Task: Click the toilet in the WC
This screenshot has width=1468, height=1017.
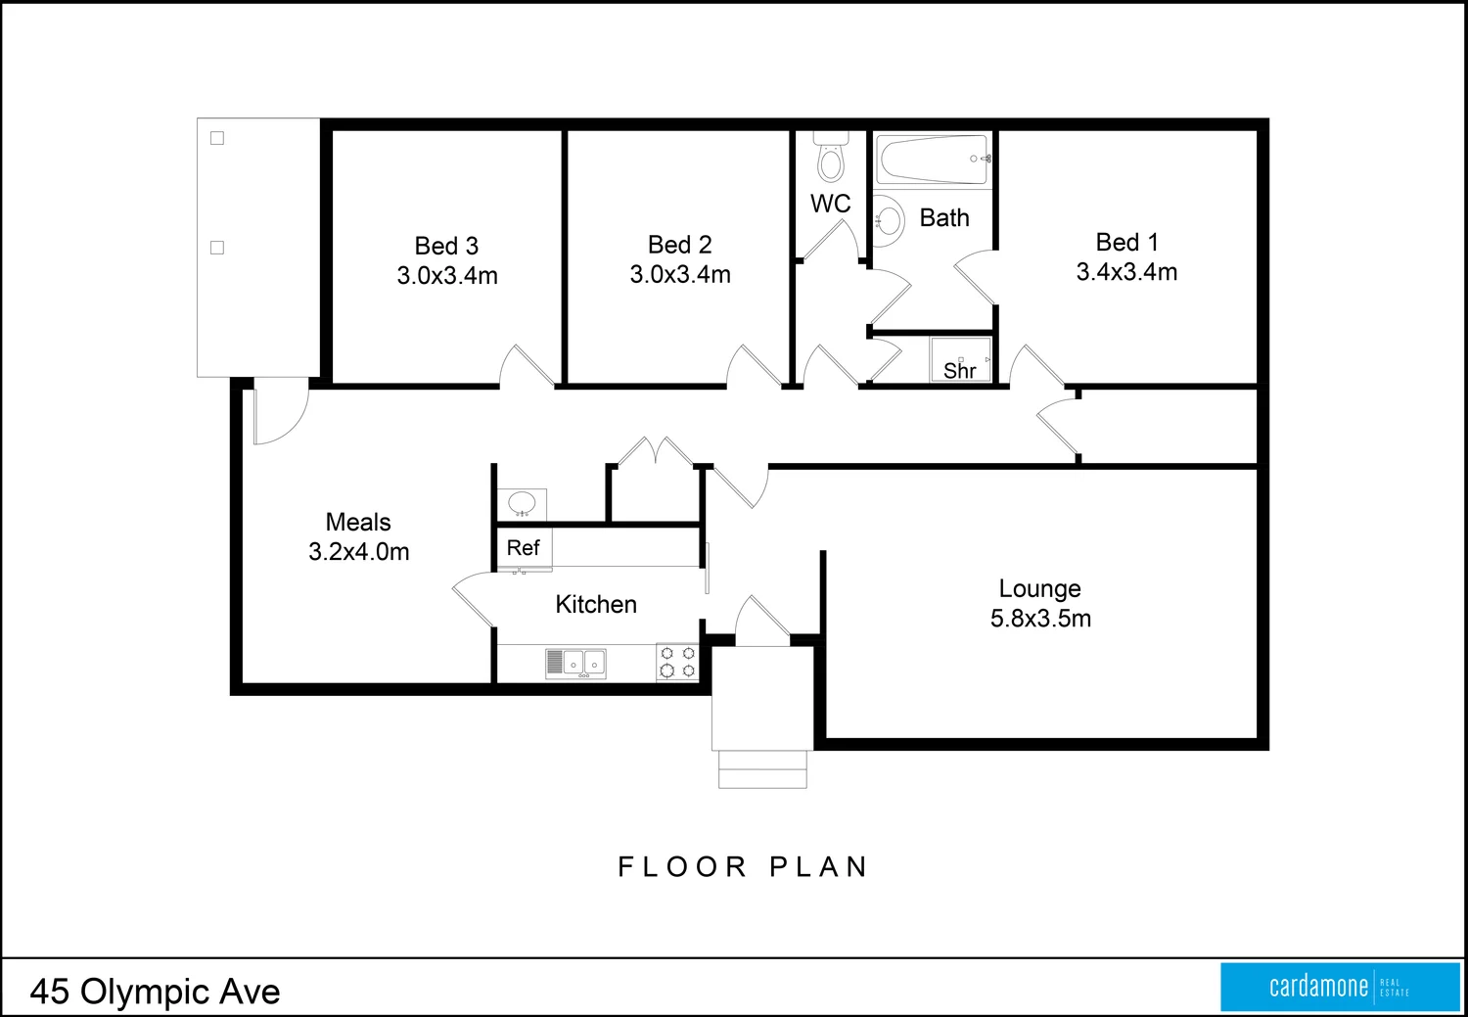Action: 831,160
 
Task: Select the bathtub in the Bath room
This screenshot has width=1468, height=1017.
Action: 933,160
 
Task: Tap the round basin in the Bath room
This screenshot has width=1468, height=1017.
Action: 888,220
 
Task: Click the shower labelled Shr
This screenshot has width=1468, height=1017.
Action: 960,360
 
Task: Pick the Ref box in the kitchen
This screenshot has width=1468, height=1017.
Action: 524,548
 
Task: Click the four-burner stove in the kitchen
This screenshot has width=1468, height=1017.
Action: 677,662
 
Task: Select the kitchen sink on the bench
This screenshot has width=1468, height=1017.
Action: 575,664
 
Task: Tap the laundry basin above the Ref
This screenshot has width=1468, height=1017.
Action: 522,504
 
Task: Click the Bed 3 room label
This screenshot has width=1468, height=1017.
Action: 446,246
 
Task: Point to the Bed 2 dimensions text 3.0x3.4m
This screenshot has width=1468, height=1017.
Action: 680,275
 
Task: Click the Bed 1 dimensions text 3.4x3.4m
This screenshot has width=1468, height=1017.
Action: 1126,272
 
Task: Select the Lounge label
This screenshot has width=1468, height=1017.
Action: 1039,588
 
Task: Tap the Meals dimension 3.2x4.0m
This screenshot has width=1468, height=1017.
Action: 359,552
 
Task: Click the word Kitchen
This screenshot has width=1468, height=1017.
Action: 596,605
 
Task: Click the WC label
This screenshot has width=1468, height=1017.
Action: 830,204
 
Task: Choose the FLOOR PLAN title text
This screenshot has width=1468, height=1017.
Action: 743,867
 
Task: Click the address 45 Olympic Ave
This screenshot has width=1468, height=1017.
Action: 155,992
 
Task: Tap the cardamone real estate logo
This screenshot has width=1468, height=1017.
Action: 1340,987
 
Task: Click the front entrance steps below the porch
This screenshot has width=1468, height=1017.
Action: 762,769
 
